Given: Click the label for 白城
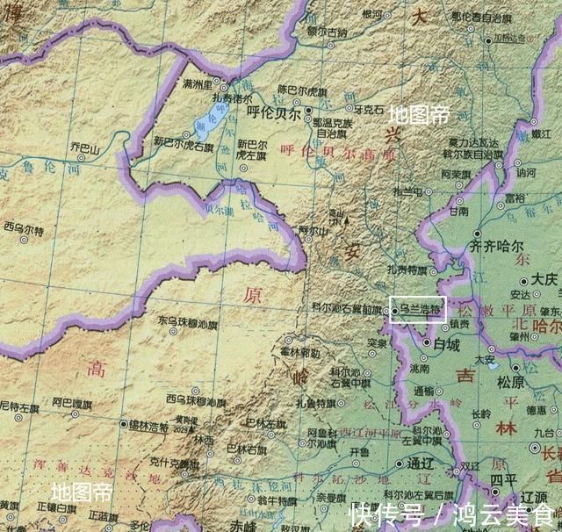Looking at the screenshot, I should (447, 343).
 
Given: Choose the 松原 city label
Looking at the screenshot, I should (510, 383).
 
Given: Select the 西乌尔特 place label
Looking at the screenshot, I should (23, 226).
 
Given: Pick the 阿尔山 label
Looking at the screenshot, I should (313, 231).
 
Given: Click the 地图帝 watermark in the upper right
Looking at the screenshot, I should (419, 114).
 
